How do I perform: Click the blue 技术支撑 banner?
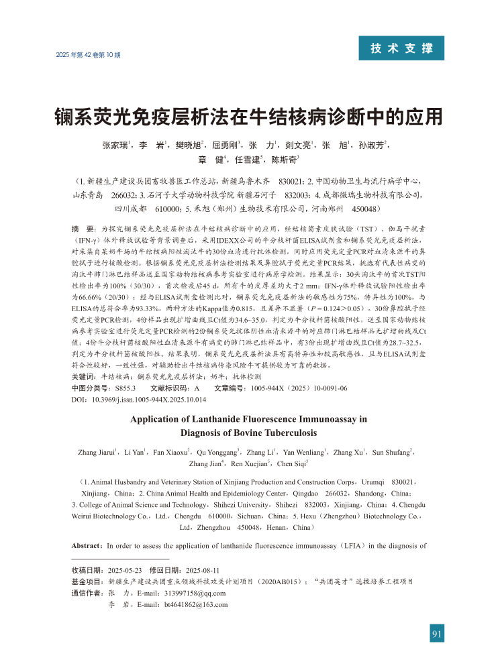(x=401, y=48)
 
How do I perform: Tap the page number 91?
(x=437, y=632)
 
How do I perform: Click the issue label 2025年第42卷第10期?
(x=88, y=54)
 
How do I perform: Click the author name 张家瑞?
(x=115, y=145)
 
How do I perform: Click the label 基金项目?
(x=86, y=581)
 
